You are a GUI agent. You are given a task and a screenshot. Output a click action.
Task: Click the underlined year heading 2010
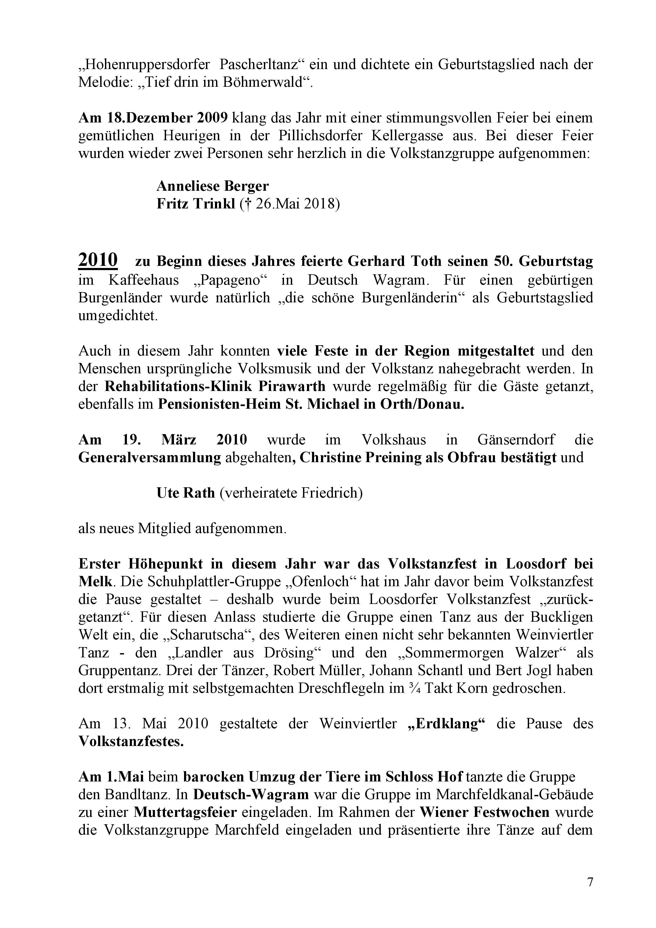[98, 260]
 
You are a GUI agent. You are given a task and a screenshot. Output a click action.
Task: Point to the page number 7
[590, 882]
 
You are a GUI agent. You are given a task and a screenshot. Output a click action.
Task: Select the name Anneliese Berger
[213, 186]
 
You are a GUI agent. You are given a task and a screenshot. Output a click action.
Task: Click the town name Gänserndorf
[516, 439]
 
